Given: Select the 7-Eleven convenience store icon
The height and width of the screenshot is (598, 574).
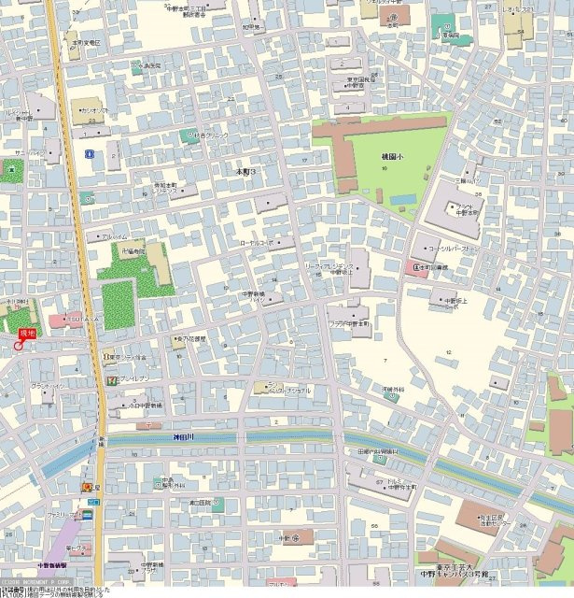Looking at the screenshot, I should (111, 379).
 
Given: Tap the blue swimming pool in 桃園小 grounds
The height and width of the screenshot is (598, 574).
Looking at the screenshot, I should (403, 199).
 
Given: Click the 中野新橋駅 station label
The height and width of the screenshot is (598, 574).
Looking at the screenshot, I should (50, 565).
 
